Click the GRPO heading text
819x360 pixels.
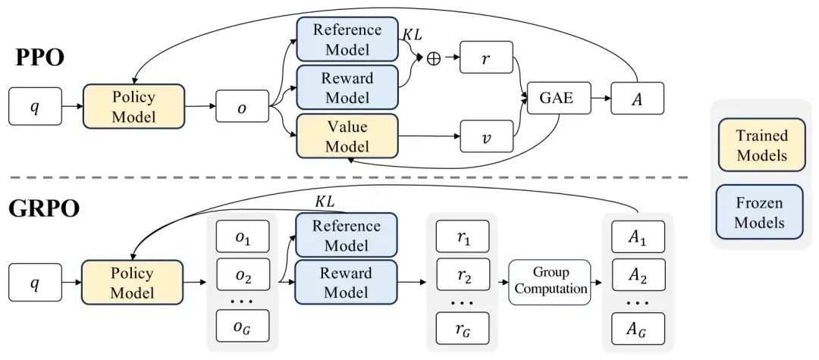click(44, 208)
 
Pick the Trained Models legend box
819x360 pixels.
click(761, 145)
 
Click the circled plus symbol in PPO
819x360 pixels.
click(434, 58)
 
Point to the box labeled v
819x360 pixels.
click(486, 140)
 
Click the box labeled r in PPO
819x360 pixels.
click(486, 58)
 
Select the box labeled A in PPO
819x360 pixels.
click(637, 98)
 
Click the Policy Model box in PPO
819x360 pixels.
click(133, 106)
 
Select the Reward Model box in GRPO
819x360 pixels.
click(346, 282)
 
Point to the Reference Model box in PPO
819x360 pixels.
click(347, 39)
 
